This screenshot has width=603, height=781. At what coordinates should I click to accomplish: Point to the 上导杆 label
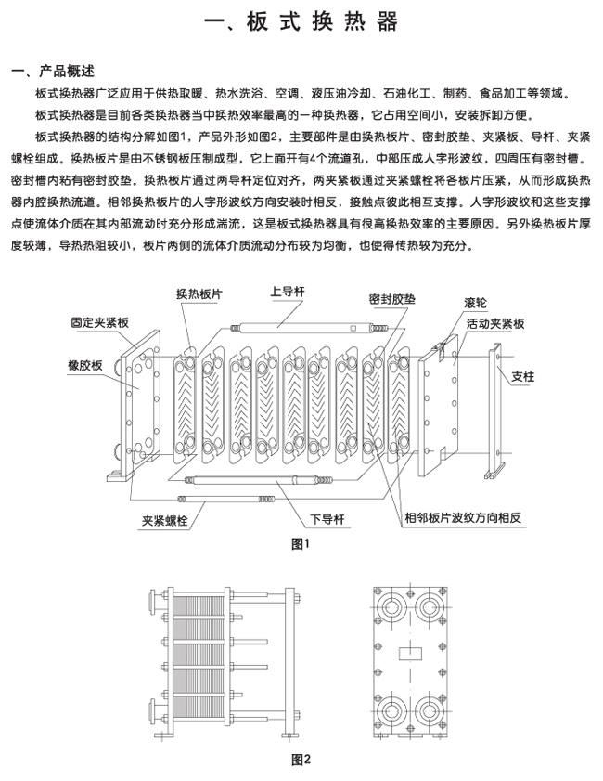coord(289,292)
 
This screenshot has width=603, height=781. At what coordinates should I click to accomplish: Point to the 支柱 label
coord(523,376)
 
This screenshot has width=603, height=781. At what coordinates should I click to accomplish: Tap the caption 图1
coord(300,543)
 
